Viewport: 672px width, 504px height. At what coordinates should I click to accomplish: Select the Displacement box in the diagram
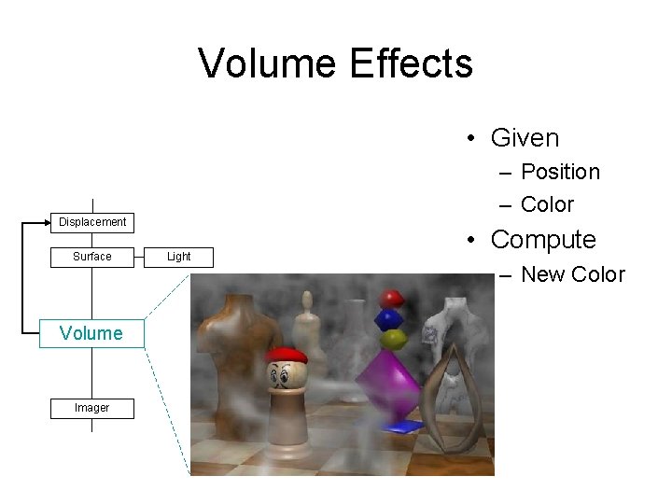pos(92,222)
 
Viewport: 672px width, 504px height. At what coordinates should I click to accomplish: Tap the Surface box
pos(92,257)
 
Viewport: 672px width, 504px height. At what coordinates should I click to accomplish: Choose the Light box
pos(178,257)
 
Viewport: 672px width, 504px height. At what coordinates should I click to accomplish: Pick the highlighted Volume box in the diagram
pos(91,333)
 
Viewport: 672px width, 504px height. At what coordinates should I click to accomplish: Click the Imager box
pos(92,408)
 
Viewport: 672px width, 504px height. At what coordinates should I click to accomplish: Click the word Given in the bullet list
pos(525,138)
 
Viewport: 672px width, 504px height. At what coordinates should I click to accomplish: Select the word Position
pos(560,172)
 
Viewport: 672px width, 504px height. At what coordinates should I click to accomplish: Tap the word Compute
pos(543,240)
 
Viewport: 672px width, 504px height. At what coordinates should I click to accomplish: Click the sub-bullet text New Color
pos(572,274)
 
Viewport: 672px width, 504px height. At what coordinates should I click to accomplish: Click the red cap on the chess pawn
pos(286,356)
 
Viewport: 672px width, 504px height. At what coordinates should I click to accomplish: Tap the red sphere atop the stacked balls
pos(393,299)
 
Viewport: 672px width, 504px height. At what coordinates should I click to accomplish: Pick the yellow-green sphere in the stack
pos(392,338)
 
